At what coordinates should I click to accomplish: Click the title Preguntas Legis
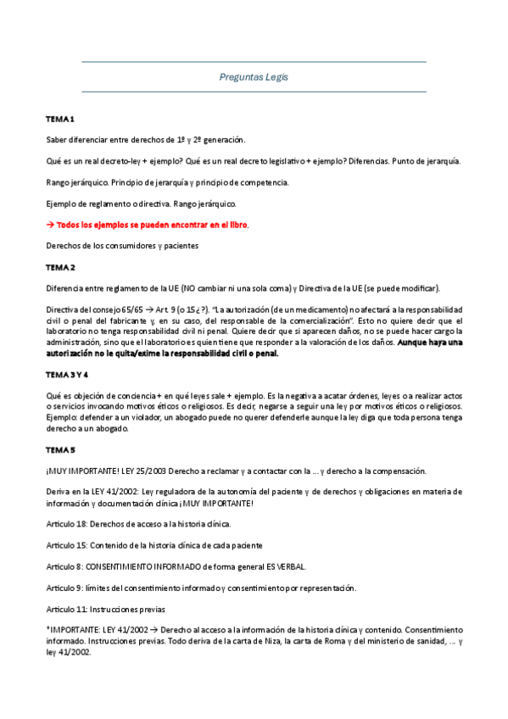click(254, 77)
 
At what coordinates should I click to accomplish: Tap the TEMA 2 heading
click(60, 267)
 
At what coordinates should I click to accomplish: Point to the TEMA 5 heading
click(60, 449)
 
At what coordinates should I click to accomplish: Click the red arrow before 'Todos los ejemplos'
click(50, 225)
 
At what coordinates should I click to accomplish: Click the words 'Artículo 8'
click(64, 566)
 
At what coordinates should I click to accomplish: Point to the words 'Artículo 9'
click(64, 588)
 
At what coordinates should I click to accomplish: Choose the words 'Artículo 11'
click(66, 609)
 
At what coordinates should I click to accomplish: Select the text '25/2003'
click(142, 471)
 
